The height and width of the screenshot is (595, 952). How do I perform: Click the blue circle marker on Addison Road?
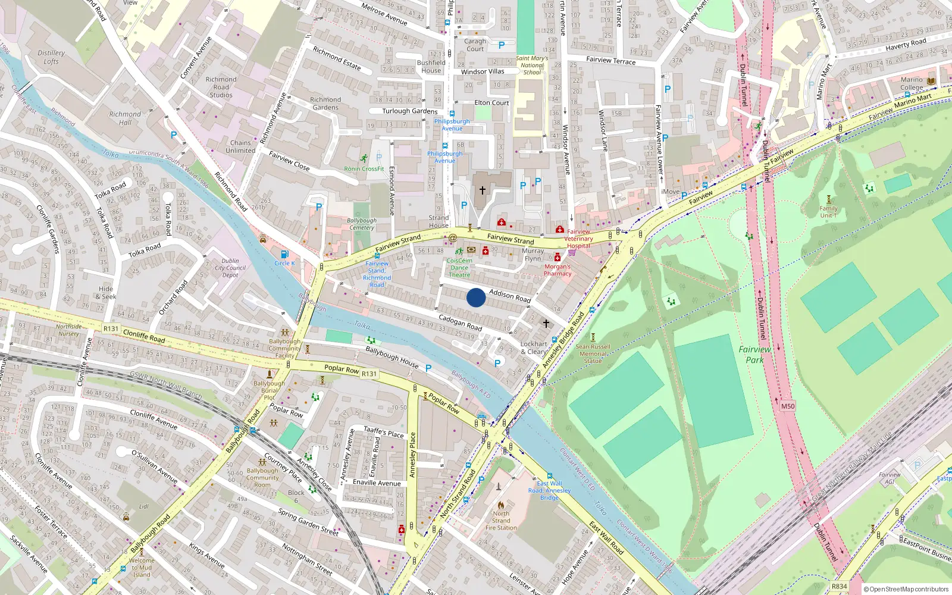click(x=475, y=297)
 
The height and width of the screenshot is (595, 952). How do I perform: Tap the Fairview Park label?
click(x=754, y=355)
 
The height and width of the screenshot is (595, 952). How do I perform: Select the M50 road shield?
click(x=787, y=406)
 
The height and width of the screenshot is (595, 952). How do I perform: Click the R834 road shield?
click(x=839, y=586)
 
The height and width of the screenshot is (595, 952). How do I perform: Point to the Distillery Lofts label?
click(x=51, y=57)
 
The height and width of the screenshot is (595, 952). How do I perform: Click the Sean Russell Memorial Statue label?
click(x=593, y=353)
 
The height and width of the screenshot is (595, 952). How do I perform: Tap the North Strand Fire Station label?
click(x=501, y=521)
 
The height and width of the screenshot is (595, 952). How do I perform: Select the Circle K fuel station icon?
click(x=284, y=255)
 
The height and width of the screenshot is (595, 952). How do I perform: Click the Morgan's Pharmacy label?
click(x=558, y=270)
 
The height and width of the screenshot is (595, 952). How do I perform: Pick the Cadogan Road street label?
click(x=460, y=322)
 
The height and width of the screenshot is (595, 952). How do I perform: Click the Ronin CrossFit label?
click(x=364, y=168)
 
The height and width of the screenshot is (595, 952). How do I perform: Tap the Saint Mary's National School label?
click(x=532, y=65)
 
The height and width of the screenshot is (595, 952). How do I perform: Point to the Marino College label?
click(x=912, y=83)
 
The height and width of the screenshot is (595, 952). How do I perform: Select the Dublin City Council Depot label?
click(x=230, y=268)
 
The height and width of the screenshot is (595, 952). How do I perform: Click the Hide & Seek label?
click(x=107, y=293)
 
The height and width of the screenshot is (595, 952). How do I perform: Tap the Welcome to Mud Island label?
click(x=142, y=567)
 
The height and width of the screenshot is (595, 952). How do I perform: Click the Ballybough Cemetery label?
click(x=362, y=224)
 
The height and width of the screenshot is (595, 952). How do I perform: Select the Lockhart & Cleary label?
click(x=534, y=347)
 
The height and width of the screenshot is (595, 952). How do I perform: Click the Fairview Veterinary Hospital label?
click(x=578, y=239)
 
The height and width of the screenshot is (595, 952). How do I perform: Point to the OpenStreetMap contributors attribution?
click(x=906, y=589)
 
